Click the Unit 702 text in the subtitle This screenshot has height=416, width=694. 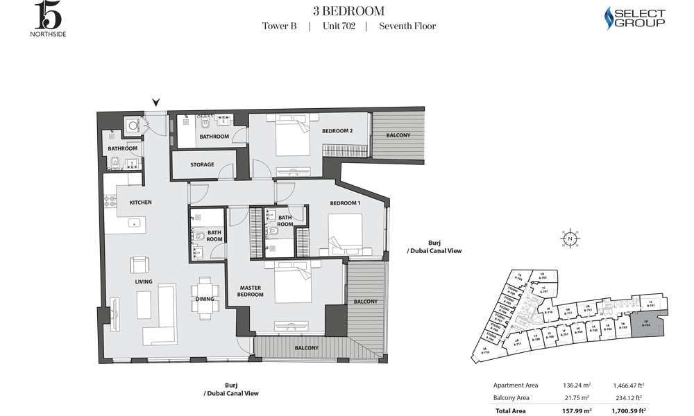(x=338, y=26)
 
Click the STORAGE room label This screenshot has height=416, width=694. (x=202, y=164)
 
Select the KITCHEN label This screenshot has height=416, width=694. (x=141, y=202)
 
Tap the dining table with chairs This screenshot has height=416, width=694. (x=203, y=297)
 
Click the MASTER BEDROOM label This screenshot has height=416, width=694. (x=251, y=291)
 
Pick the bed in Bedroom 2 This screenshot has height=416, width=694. (x=292, y=136)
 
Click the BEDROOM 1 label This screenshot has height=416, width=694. (x=345, y=202)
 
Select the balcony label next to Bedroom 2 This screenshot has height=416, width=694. (x=398, y=135)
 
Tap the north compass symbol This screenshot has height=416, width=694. (x=568, y=239)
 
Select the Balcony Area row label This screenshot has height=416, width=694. (x=511, y=397)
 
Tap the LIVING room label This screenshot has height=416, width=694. (x=144, y=281)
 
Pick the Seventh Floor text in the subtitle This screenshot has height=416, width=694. (x=407, y=26)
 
